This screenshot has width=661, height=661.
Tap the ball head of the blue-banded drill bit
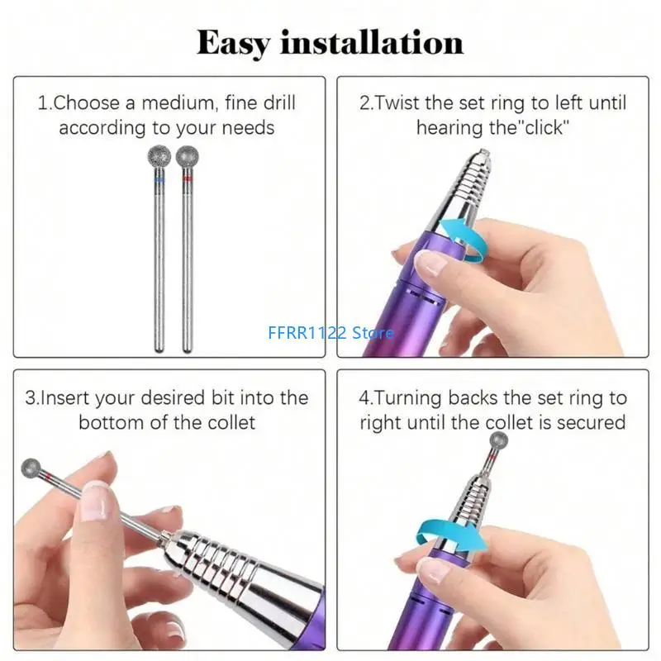[159, 159]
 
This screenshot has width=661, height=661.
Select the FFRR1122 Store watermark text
[330, 333]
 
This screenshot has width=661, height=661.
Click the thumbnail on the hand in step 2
[429, 265]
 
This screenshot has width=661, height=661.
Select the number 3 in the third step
[31, 398]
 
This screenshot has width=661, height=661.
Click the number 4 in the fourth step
[364, 398]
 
